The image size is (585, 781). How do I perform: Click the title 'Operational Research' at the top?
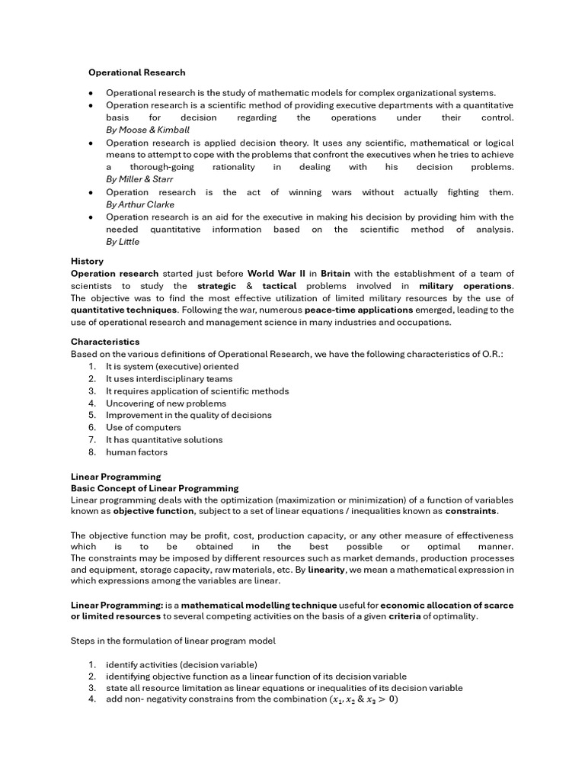point(136,72)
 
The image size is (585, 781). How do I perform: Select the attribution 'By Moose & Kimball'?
point(148,130)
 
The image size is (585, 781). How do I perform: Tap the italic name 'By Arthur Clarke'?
point(140,204)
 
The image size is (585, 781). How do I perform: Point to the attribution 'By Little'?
point(123,242)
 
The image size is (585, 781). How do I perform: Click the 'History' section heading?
point(87,261)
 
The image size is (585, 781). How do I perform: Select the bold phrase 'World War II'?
point(278,273)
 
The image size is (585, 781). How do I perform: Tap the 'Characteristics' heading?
point(105,342)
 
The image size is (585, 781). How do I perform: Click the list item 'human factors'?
point(136,452)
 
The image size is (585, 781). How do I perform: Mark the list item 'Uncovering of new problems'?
point(165,403)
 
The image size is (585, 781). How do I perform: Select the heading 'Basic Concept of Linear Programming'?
point(155,488)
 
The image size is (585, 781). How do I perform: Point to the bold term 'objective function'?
point(154,510)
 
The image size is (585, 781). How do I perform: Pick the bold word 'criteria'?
point(404,616)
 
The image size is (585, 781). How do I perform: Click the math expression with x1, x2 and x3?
point(363,700)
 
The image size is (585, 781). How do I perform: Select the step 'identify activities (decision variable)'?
point(181,664)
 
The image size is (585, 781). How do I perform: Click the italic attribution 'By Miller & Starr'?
point(139,179)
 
